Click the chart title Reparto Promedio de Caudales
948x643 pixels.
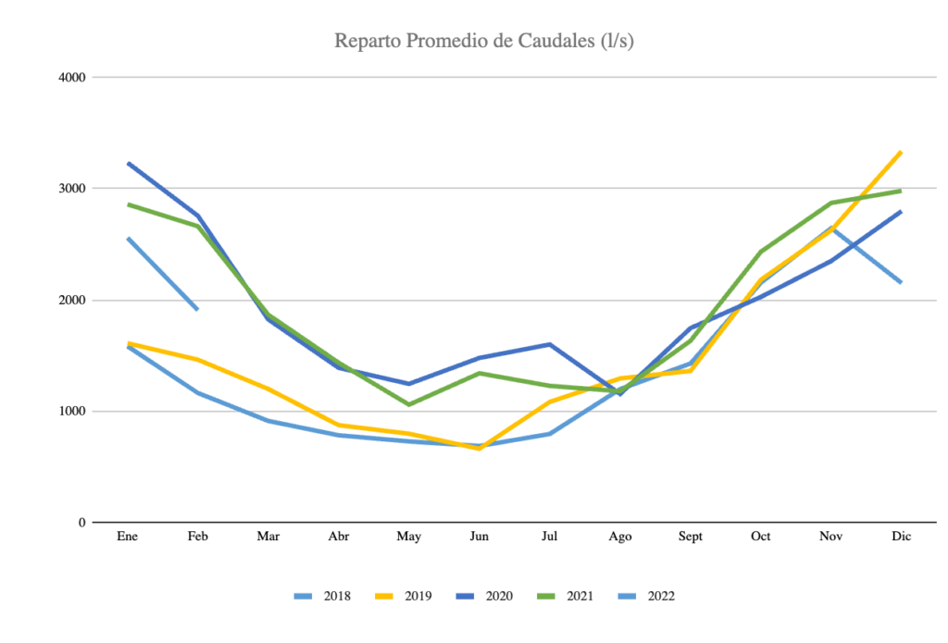(x=483, y=42)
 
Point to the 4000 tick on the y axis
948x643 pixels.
(x=73, y=78)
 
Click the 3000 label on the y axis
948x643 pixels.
(x=73, y=189)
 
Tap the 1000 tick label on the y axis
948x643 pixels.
(x=73, y=412)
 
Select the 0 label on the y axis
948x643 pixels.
(x=82, y=523)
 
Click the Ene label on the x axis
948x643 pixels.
(x=128, y=538)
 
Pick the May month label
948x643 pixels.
(x=409, y=538)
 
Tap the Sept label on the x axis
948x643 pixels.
(x=691, y=538)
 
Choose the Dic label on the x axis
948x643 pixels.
(x=902, y=538)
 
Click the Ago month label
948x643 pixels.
(x=620, y=538)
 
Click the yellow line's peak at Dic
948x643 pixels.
(x=902, y=152)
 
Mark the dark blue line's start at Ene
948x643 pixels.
(x=128, y=164)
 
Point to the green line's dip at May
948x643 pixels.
(x=409, y=404)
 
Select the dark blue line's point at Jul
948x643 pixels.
(x=550, y=344)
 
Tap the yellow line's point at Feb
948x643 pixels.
(x=198, y=359)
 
